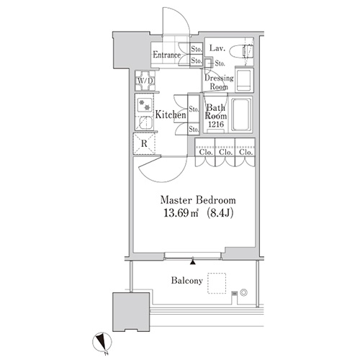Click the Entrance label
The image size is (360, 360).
[x=167, y=55]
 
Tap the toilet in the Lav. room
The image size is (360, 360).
[x=240, y=51]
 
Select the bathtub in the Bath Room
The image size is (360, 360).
[x=241, y=115]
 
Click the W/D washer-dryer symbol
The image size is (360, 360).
[x=145, y=81]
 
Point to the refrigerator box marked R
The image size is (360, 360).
[x=144, y=143]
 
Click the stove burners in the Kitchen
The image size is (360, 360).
[x=145, y=105]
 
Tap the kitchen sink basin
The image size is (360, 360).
[x=145, y=123]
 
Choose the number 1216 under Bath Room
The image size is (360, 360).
[x=216, y=125]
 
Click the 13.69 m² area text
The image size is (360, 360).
[x=181, y=213]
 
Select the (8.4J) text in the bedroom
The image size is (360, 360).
[x=220, y=213]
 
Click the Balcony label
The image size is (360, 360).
[x=187, y=281]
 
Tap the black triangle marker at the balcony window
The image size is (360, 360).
[x=193, y=262]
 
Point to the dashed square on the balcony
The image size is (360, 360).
[x=217, y=283]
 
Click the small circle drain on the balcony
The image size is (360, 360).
[x=243, y=292]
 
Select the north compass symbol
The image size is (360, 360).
[x=102, y=341]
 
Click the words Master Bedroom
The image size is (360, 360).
[x=198, y=200]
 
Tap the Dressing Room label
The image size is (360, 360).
[x=219, y=82]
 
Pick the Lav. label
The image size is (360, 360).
[x=217, y=48]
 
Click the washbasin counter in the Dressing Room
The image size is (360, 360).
[x=244, y=80]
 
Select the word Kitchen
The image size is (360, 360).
[x=171, y=114]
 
